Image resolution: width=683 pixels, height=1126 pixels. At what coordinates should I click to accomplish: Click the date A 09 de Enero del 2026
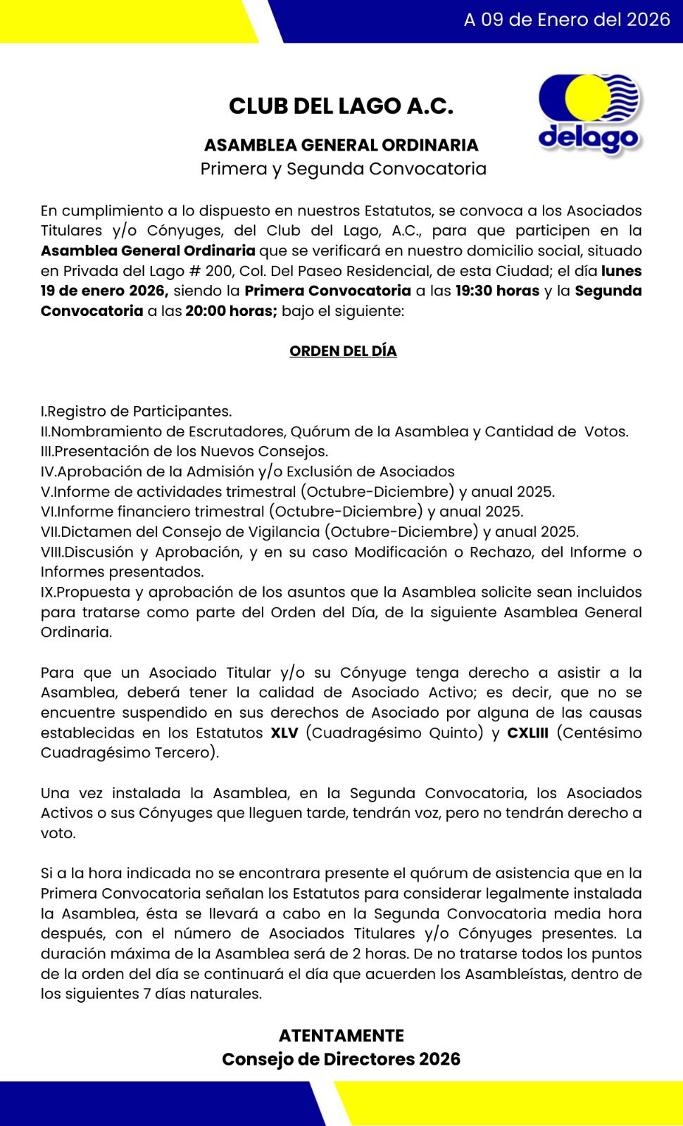point(566,20)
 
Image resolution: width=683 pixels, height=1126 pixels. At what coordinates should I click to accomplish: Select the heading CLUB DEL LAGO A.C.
point(341,106)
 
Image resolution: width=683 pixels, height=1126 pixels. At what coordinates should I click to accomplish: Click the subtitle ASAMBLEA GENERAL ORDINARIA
point(341,145)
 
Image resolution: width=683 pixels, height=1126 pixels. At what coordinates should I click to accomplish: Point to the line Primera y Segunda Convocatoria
point(343,169)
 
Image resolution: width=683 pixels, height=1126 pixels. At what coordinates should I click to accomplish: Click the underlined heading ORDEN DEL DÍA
point(343,351)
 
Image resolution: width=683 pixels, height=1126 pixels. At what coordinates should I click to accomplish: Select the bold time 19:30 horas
point(497,291)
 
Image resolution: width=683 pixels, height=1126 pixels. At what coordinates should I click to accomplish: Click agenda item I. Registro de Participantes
point(137,411)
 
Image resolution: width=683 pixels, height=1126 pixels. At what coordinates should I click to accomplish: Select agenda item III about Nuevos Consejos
point(184,451)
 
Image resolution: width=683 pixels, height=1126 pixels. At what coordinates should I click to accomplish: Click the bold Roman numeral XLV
point(284,733)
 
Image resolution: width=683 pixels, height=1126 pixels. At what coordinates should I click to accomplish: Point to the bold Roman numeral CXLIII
point(527,733)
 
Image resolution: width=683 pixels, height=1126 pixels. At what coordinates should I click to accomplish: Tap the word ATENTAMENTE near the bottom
point(341,1036)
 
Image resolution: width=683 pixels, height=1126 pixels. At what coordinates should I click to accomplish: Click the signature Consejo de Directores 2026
point(341,1059)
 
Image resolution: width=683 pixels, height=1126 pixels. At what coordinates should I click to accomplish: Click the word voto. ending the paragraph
point(58,833)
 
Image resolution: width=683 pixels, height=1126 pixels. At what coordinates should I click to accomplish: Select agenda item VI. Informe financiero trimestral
point(282,512)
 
